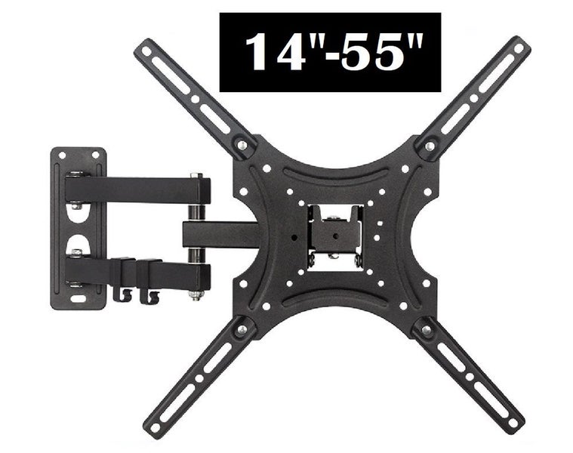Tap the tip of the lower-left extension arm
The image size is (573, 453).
click(154, 427)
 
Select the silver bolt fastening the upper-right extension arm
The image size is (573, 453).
click(430, 145)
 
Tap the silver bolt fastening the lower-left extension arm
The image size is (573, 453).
click(241, 329)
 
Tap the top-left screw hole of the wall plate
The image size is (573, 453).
click(62, 156)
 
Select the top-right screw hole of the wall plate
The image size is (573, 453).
click(95, 156)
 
